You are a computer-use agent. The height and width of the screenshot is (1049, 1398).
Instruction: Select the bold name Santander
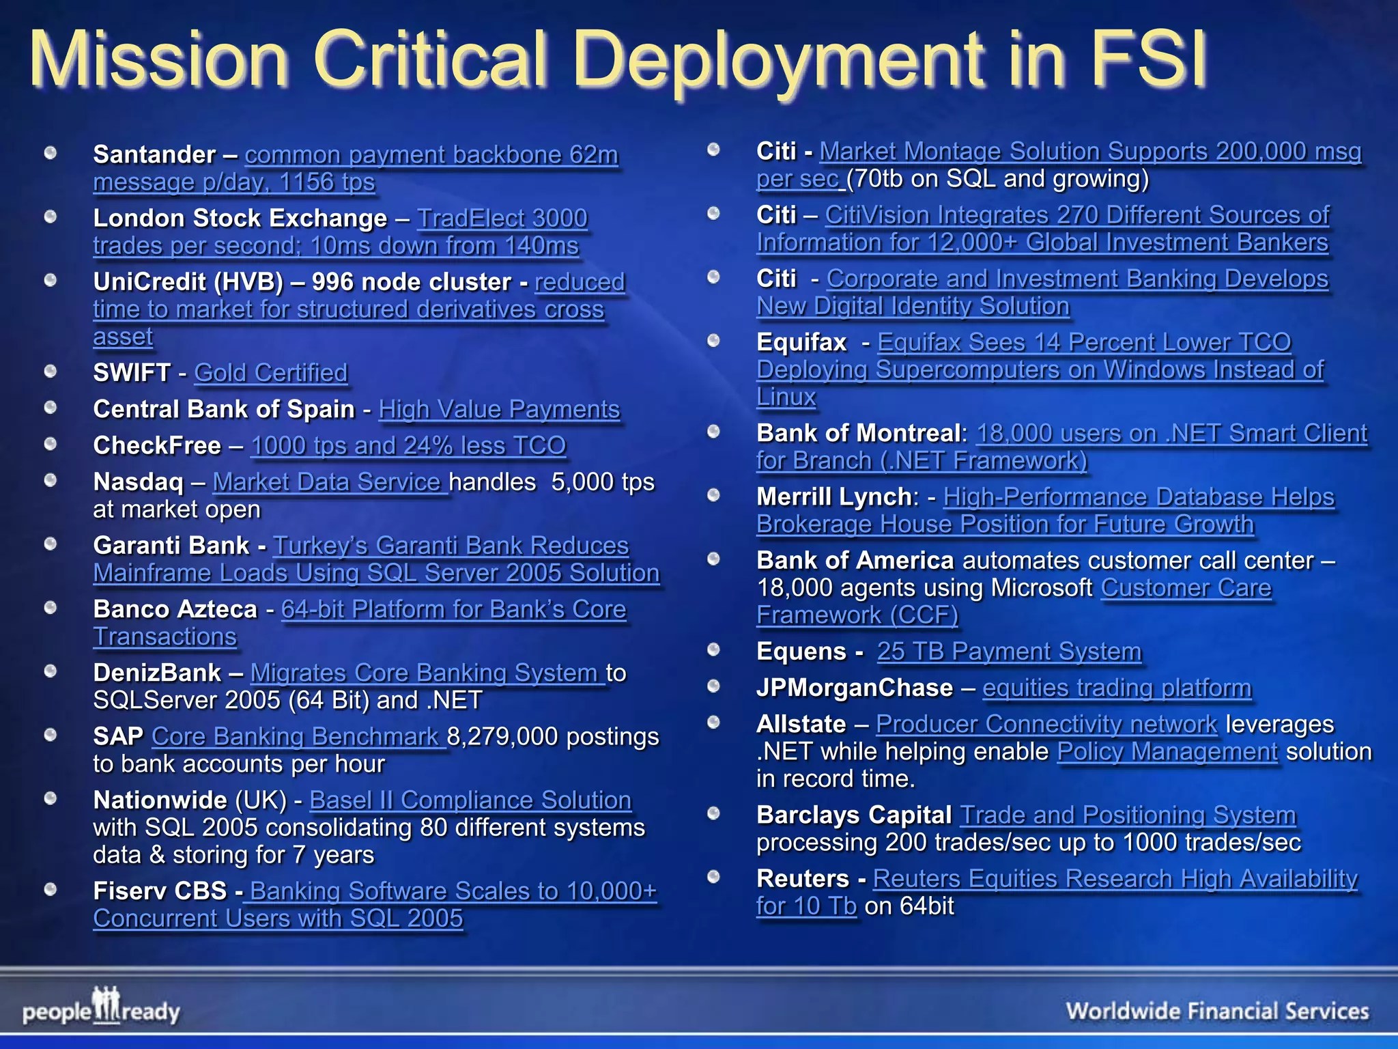pyautogui.click(x=154, y=155)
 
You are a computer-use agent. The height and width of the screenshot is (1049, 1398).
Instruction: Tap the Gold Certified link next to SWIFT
pyautogui.click(x=271, y=373)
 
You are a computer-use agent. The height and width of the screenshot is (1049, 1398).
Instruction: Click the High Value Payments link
pyautogui.click(x=499, y=409)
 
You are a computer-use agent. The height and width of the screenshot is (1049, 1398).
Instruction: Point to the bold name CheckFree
pyautogui.click(x=157, y=445)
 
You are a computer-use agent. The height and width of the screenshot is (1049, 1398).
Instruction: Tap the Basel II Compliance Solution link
pyautogui.click(x=470, y=800)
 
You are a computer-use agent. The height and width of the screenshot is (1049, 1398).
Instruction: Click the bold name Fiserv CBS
pyautogui.click(x=160, y=891)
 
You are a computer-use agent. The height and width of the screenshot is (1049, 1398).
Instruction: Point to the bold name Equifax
pyautogui.click(x=801, y=342)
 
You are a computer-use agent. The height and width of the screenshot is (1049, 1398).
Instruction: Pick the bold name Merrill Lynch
pyautogui.click(x=833, y=496)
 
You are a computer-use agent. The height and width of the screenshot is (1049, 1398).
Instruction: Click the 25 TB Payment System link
pyautogui.click(x=1009, y=652)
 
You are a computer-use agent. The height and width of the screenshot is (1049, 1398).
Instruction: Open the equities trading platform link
pyautogui.click(x=1117, y=688)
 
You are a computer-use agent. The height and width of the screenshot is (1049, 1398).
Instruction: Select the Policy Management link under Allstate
pyautogui.click(x=1167, y=751)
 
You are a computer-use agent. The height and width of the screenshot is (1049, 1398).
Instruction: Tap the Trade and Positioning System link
pyautogui.click(x=1128, y=815)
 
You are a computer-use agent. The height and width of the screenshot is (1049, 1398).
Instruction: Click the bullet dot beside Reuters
pyautogui.click(x=714, y=877)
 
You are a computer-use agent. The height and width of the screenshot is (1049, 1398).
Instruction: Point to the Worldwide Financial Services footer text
pyautogui.click(x=1217, y=1011)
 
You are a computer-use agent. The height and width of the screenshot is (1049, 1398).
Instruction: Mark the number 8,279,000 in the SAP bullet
pyautogui.click(x=502, y=736)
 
